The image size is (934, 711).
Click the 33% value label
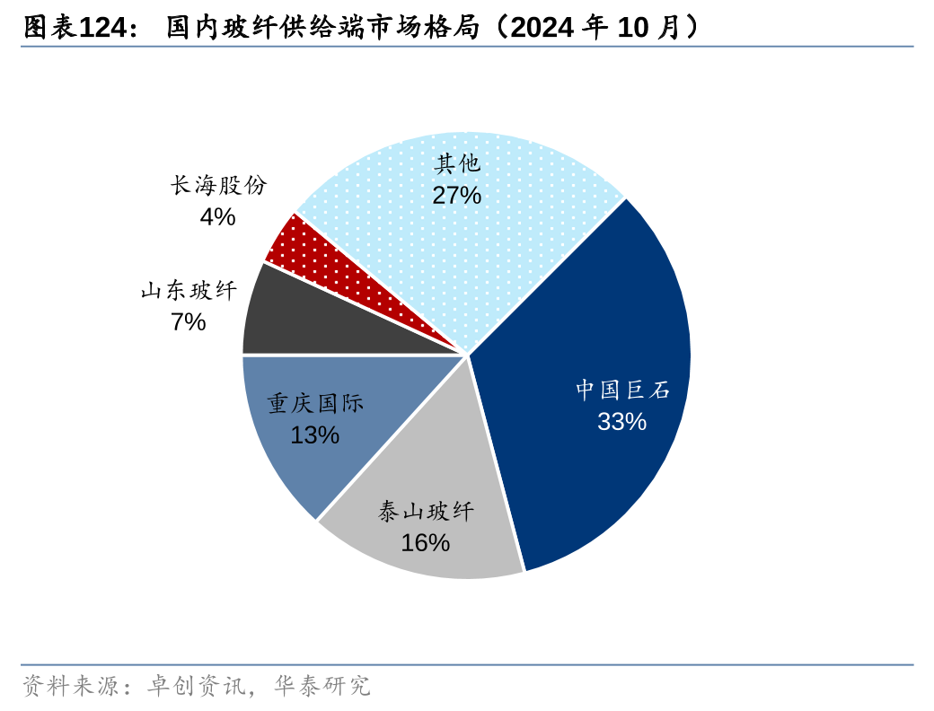point(621,421)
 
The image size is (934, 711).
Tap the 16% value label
point(425,542)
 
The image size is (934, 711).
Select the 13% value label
point(314,434)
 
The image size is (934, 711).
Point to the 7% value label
point(189,321)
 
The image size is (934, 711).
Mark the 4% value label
point(217,216)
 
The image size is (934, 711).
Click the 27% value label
point(456,195)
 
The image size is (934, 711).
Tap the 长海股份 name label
point(218,186)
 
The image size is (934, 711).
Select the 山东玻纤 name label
point(189,291)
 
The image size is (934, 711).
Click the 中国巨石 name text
point(622,390)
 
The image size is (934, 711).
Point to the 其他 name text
point(457,164)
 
